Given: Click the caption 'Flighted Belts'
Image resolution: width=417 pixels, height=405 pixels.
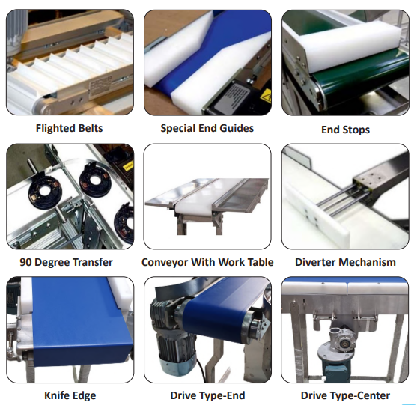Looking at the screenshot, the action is coord(69,128).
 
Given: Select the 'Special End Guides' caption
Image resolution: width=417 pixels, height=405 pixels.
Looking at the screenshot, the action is coord(207,128).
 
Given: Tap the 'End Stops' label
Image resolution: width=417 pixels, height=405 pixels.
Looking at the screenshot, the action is coord(345,130).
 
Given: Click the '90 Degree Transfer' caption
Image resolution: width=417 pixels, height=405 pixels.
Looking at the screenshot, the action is coord(66,262).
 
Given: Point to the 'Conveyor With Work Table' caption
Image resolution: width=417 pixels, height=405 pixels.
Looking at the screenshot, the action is coord(207,262).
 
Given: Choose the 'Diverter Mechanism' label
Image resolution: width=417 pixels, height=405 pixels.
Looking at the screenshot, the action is coord(345,262).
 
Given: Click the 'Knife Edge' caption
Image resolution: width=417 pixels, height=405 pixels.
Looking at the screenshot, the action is coord(70,395).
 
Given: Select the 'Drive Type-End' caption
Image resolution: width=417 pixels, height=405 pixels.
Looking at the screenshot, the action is coord(207,395).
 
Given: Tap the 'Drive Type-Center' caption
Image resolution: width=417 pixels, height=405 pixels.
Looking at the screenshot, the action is coord(345,395).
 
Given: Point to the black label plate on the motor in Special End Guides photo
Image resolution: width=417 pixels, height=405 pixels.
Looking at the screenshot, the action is coord(232,98).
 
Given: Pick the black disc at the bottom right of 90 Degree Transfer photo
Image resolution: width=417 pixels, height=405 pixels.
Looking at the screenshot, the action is coord(124,223).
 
